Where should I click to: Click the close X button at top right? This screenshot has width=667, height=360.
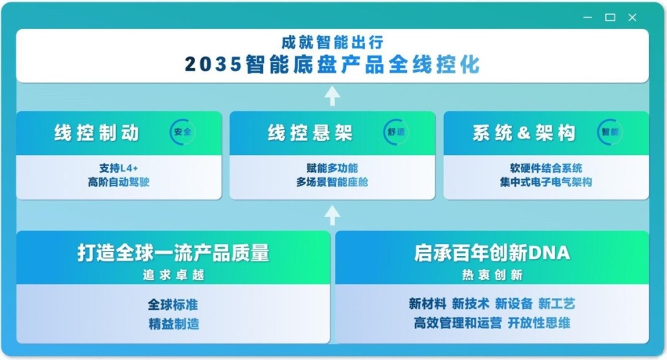[x=633, y=17]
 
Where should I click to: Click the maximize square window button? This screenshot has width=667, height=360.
[x=611, y=17]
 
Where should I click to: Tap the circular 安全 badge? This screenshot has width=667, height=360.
[x=182, y=132]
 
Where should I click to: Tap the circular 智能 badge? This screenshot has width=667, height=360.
[x=610, y=132]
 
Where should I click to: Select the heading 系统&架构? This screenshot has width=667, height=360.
[x=524, y=133]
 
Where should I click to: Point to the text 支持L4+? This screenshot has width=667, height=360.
[x=118, y=168]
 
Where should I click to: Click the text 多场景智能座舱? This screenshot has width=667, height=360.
[x=332, y=182]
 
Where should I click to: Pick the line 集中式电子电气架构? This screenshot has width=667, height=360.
[x=546, y=182]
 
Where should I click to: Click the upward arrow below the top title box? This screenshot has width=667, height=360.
[x=332, y=96]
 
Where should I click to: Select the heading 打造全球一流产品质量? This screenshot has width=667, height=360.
[x=173, y=253]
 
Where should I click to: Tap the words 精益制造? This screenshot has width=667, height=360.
[x=173, y=322]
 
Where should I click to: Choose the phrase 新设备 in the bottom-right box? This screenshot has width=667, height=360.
[x=514, y=304]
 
